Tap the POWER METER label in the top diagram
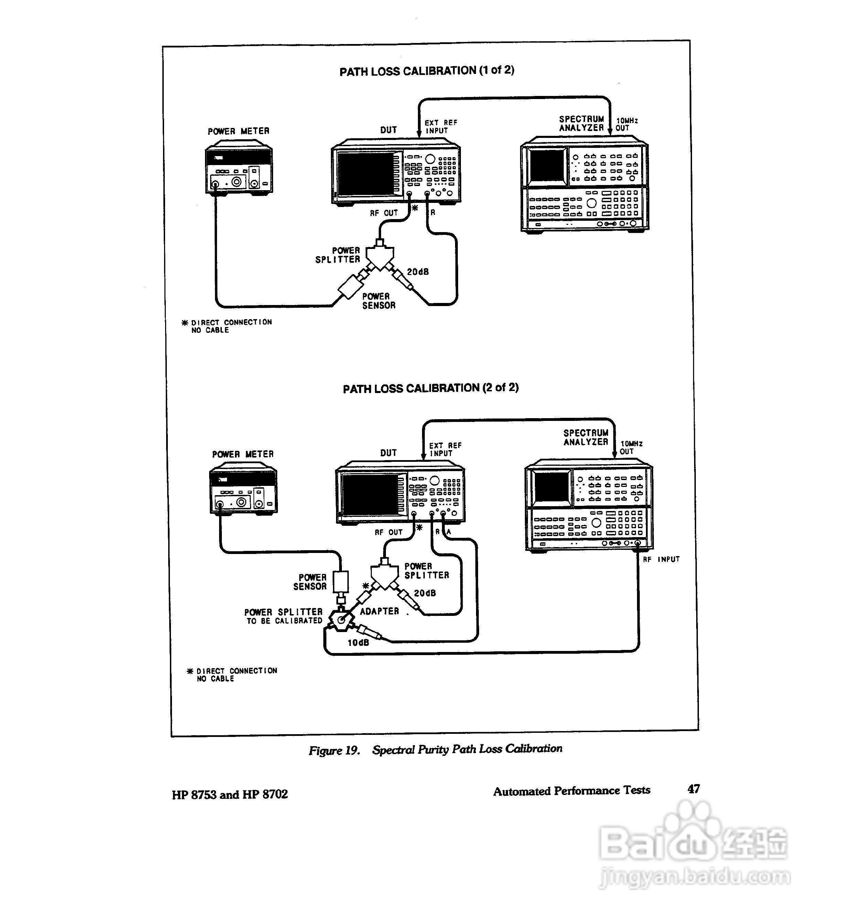click(x=238, y=131)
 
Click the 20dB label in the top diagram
click(x=418, y=272)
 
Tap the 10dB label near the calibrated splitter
click(x=358, y=643)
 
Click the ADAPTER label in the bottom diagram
click(x=379, y=611)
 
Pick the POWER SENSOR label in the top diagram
click(x=379, y=301)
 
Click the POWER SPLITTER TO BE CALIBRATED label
click(x=284, y=616)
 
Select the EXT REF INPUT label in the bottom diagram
click(x=445, y=449)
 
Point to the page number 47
click(x=693, y=789)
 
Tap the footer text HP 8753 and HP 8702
click(x=230, y=794)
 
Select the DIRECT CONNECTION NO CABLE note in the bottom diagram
click(x=233, y=674)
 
